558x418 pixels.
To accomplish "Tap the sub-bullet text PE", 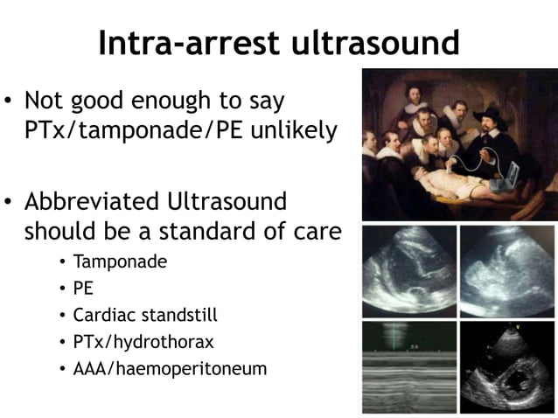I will click(83, 287).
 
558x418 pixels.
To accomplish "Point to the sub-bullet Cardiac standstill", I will click(145, 314).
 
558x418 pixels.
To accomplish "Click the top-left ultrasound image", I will click(408, 268).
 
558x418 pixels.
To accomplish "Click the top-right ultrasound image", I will click(507, 268).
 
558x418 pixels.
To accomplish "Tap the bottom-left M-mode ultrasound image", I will click(408, 365).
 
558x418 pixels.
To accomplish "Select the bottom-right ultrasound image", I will click(507, 365).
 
